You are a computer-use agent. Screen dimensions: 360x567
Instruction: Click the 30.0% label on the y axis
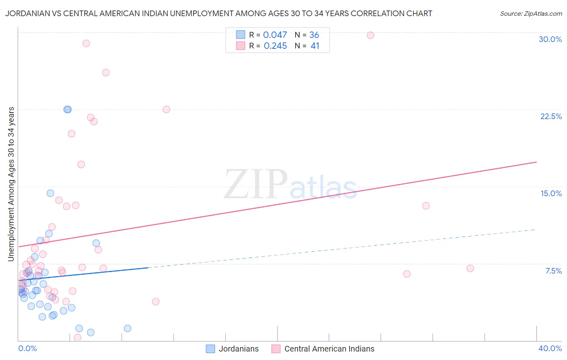(550, 39)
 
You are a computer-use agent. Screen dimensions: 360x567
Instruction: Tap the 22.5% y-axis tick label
(551, 116)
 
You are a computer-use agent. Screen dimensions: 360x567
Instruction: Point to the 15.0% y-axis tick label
(551, 193)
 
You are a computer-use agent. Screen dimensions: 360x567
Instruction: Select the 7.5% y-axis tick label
(553, 271)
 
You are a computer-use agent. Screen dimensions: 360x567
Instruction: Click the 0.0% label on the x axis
(27, 348)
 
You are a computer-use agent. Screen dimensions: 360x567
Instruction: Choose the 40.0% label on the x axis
(550, 348)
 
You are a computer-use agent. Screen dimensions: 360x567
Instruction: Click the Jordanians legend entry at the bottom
(238, 349)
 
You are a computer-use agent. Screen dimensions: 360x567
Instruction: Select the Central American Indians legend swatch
(276, 349)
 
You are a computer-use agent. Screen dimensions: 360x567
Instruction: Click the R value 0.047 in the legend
(275, 35)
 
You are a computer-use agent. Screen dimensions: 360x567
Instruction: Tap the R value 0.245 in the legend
(275, 46)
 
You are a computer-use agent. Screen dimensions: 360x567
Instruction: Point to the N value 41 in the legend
(315, 46)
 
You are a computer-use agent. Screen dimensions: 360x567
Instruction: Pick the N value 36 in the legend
(314, 35)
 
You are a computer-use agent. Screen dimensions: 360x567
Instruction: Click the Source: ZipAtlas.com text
(531, 13)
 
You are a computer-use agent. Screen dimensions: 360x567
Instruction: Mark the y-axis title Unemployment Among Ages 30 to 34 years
(11, 184)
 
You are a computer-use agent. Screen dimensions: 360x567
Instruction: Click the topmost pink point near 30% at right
(370, 35)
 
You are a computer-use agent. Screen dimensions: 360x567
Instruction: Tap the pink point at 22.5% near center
(166, 109)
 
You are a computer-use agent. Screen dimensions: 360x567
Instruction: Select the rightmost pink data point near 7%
(470, 268)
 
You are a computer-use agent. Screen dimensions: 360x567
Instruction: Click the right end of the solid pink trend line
(536, 162)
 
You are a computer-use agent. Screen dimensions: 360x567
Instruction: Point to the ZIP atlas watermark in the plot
(290, 184)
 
